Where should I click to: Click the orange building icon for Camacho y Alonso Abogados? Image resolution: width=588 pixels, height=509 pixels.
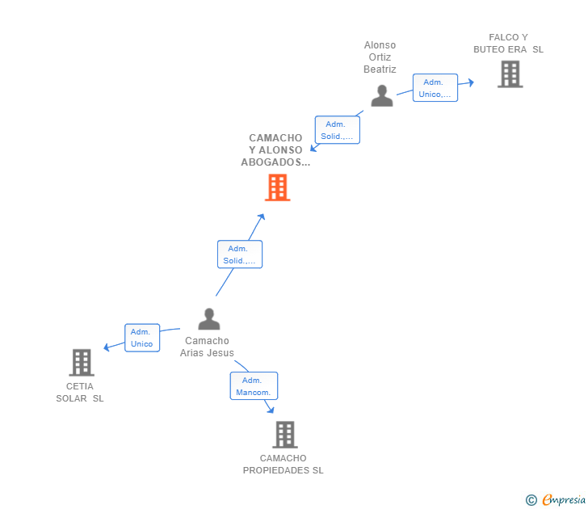278,187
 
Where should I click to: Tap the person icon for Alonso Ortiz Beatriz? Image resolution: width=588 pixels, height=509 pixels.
381,95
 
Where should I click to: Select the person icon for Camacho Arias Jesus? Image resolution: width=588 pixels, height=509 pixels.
208,319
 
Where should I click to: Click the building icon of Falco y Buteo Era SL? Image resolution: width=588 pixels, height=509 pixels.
510,74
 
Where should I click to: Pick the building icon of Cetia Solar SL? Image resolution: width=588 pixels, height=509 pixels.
82,363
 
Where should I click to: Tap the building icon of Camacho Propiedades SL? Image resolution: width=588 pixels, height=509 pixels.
284,435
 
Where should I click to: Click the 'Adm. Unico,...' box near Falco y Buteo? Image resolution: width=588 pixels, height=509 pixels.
435,88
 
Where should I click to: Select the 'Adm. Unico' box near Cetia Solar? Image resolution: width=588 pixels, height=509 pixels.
141,338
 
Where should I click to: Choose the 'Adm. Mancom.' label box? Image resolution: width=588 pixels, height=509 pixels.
254,386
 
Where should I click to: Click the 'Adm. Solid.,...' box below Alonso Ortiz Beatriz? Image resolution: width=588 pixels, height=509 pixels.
336,130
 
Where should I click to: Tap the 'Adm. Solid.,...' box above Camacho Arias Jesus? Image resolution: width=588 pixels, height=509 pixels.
239,254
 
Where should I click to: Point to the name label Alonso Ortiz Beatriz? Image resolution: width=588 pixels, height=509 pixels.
380,57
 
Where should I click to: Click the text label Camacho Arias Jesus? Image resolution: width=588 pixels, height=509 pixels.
208,347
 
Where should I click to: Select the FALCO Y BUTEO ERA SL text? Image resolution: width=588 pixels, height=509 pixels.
508,43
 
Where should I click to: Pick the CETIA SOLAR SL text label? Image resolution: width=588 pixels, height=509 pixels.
80,392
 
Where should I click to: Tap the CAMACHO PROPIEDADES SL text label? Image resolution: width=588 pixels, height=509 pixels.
283,465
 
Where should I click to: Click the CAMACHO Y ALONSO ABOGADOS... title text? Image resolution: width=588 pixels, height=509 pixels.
275,150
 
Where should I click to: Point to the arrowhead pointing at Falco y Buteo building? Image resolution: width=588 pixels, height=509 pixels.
471,82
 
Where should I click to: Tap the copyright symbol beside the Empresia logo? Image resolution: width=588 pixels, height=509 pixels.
531,500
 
